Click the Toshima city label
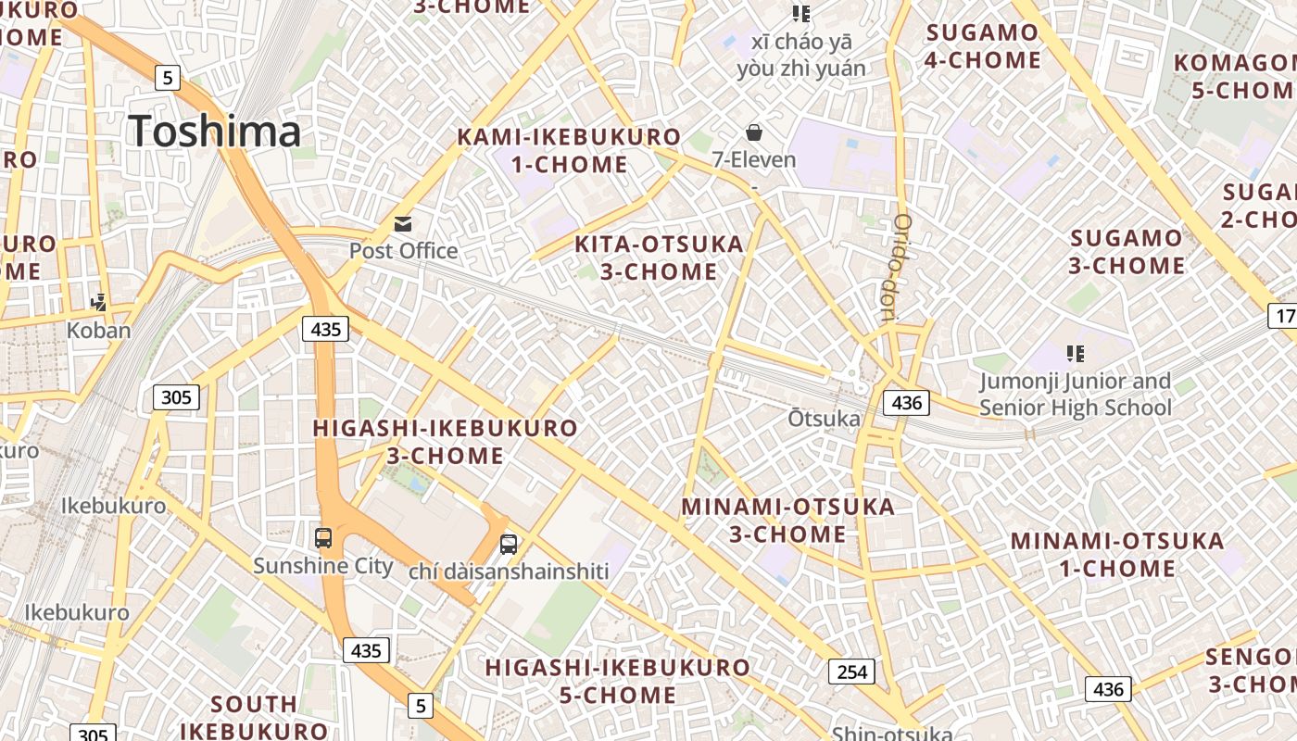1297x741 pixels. (215, 131)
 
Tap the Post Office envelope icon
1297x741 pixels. (403, 223)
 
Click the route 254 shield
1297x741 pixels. (850, 672)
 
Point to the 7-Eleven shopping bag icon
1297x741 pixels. (754, 132)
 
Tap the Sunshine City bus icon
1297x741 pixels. (323, 537)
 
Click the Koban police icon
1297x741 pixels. (98, 302)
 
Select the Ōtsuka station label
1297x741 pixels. (824, 419)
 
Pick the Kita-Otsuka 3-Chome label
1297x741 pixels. (659, 257)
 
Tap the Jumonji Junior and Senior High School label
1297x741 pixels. (1075, 395)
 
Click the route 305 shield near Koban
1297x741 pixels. (175, 397)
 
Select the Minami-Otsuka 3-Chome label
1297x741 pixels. (787, 521)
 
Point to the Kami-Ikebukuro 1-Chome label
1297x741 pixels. (568, 151)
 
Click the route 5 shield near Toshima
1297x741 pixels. (167, 77)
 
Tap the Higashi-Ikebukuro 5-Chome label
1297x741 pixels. (618, 681)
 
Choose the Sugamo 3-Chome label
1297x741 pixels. (1127, 252)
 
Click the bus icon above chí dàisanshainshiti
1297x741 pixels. (509, 545)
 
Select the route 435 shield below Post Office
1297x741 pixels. (325, 328)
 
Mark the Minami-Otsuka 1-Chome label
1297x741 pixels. (1116, 554)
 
